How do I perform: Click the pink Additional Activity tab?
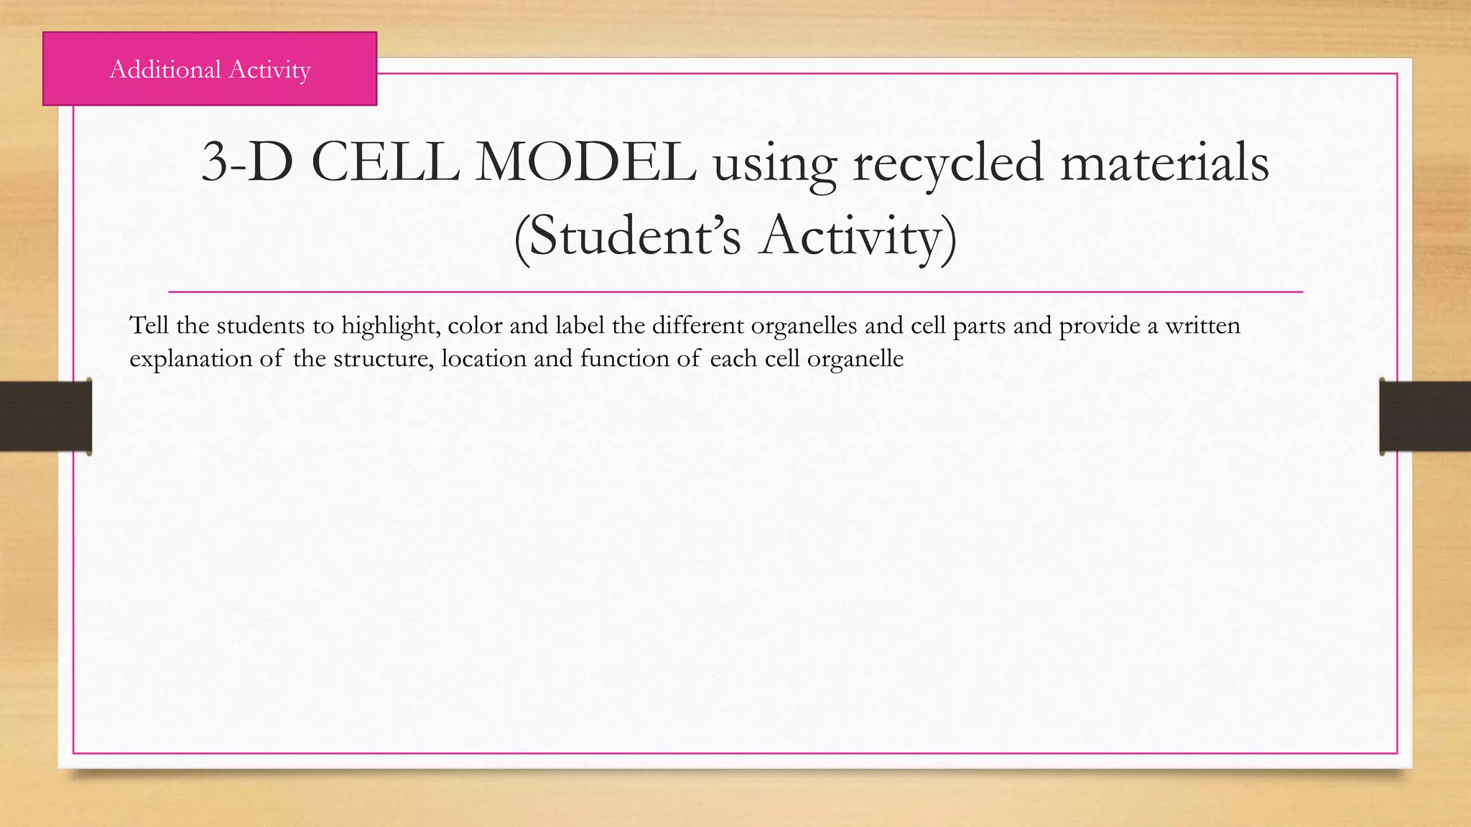coord(210,69)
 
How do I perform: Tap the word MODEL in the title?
coord(585,162)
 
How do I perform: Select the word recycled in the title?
coord(947,164)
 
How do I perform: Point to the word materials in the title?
coord(1164,162)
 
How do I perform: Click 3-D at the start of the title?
coord(247,162)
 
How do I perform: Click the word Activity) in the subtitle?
coord(858,237)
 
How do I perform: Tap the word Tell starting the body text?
coord(149,325)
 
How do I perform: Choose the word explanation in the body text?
coord(190,358)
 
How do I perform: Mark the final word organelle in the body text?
coord(855,358)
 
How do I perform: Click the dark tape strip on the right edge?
coord(1425,416)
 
